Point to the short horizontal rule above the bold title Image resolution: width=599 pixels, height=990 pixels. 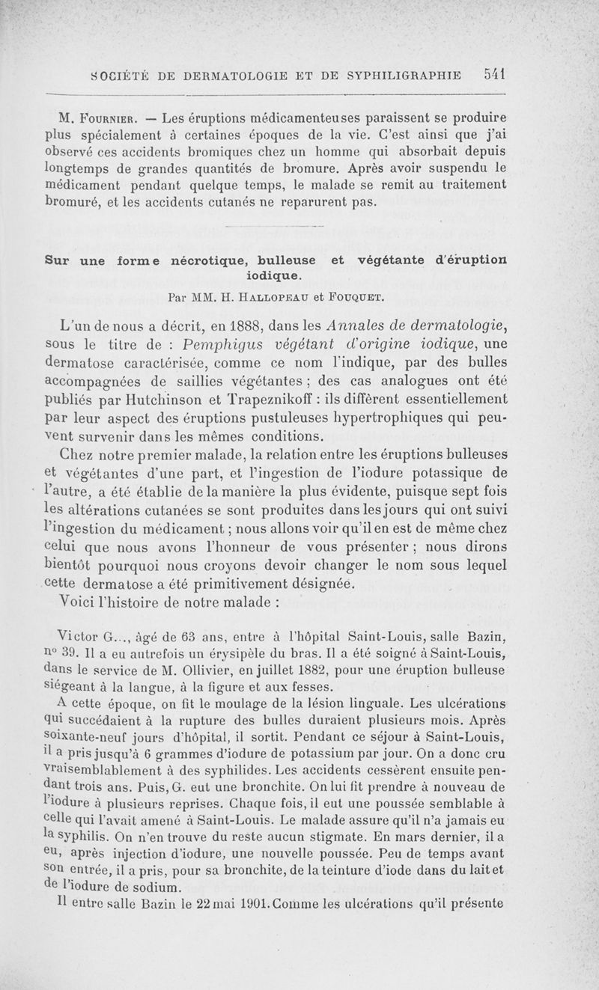point(275,227)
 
